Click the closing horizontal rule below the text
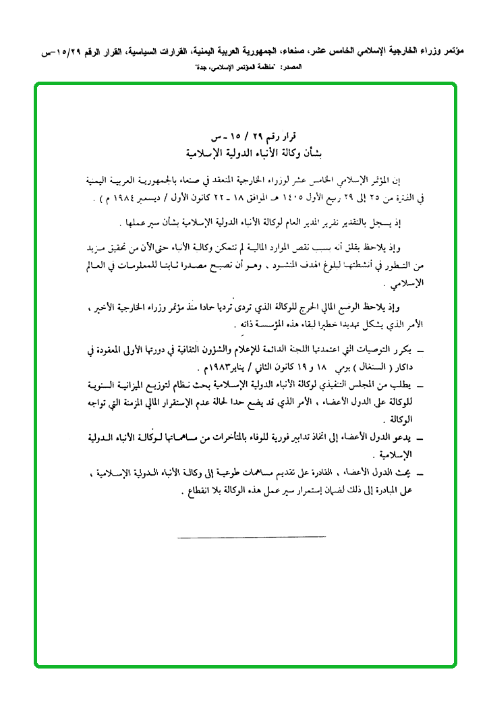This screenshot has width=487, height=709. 252,536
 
